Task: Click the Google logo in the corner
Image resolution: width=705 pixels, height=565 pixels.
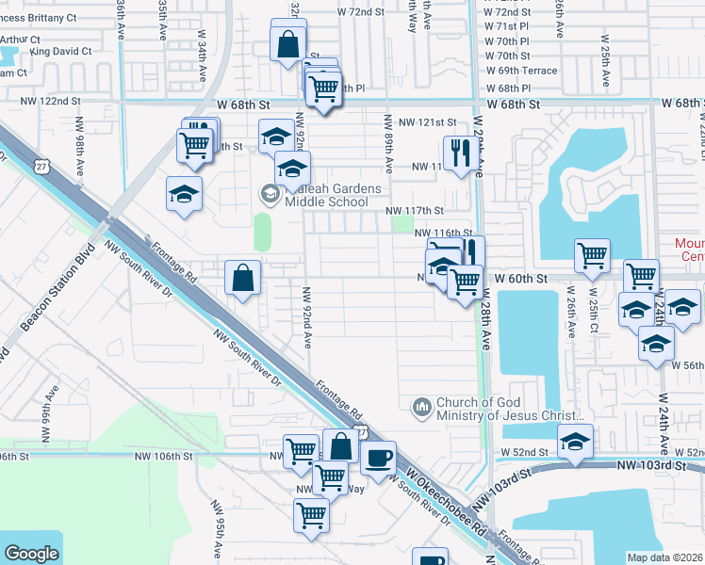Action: (32, 554)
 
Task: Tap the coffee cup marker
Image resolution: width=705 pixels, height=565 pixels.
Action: (378, 459)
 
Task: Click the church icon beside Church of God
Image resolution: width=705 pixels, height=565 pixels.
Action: (421, 407)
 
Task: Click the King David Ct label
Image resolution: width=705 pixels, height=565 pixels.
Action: (60, 51)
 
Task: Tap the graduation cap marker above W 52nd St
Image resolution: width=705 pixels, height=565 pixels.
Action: (575, 441)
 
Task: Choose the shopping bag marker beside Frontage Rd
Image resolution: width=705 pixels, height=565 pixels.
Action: (242, 277)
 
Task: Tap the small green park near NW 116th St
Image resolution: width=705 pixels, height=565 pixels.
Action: (402, 224)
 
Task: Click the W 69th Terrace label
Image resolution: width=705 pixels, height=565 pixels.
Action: (520, 71)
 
